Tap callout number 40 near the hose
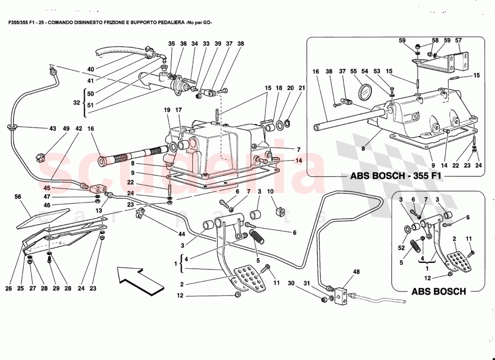[90, 69]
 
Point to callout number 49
[66, 129]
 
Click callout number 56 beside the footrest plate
[18, 197]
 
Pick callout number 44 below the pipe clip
[181, 234]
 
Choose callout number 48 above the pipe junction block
[356, 271]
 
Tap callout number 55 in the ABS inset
[353, 72]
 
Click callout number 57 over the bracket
[458, 40]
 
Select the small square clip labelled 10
[278, 211]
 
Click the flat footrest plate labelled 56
[43, 218]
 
